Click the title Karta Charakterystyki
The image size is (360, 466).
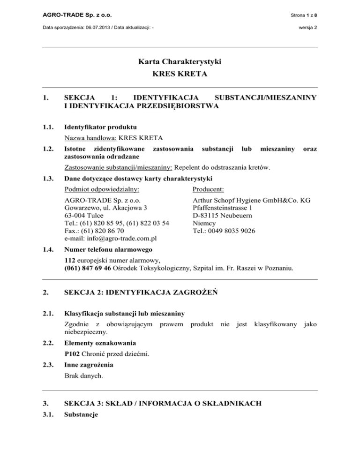180,62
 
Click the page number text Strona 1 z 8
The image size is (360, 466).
304,15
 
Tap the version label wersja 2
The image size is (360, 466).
307,28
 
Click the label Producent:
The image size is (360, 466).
209,189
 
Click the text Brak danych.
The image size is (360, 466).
83,376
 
